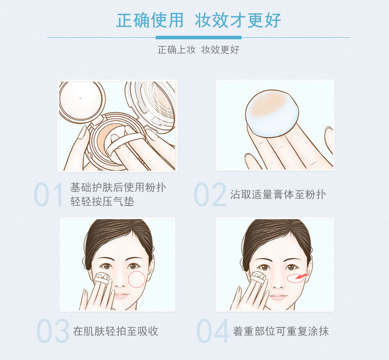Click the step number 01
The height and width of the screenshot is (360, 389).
[48, 194]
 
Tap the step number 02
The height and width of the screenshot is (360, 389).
[210, 194]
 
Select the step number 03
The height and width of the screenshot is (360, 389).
[53, 331]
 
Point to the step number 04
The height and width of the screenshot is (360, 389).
[213, 331]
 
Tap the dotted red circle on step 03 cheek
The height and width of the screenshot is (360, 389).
[136, 279]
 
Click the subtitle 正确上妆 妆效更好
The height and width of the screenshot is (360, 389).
[198, 50]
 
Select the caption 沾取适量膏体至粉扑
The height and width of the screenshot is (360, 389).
[278, 195]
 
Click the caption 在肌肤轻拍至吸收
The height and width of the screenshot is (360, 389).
[116, 331]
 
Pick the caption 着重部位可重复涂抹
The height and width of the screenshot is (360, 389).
[281, 331]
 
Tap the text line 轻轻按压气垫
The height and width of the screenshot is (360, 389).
[102, 202]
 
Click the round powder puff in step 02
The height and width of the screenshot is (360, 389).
[272, 113]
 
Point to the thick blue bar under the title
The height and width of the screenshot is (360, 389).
[198, 37]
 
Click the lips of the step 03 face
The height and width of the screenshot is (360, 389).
[121, 295]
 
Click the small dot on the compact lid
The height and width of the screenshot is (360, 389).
[80, 98]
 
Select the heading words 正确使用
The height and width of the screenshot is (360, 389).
[150, 20]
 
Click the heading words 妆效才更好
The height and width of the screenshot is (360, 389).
[238, 20]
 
